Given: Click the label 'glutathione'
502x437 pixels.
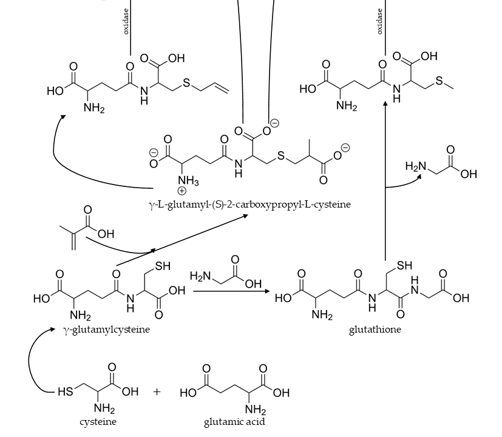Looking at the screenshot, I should pos(375,330).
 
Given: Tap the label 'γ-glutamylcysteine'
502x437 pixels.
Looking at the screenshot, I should pos(106,329).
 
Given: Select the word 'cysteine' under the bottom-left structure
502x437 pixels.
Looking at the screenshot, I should pos(98,422).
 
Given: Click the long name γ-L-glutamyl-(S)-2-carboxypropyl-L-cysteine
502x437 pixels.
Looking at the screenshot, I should pos(249,205).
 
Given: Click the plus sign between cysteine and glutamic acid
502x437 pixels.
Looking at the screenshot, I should pos(157,391).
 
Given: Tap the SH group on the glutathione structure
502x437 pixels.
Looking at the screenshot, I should pos(404,265).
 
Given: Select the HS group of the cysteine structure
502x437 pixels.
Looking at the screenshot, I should pos(65,391).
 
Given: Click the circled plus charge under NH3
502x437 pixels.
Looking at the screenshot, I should pos(182,191).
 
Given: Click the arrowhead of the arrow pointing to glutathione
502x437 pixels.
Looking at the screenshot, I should pos(267,291).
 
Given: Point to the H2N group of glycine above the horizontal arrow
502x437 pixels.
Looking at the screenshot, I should pos(200,276).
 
